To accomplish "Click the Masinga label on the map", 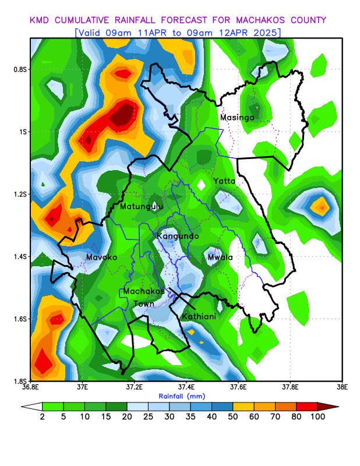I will [237, 118].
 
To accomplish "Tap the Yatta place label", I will [224, 181].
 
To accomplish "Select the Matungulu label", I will [142, 206].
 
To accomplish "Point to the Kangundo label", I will [178, 236].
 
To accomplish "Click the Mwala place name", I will [220, 257].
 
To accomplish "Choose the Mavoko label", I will [102, 257].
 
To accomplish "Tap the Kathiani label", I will [200, 316].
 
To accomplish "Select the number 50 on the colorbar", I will [232, 416].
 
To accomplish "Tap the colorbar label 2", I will [42, 416].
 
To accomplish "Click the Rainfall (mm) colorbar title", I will [183, 396].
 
